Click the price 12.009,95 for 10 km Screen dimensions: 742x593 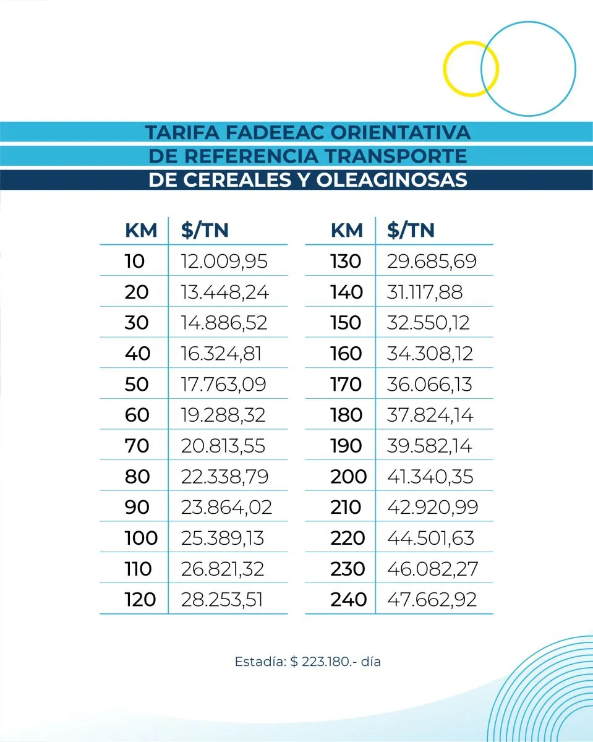(x=224, y=261)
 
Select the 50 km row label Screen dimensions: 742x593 (x=137, y=384)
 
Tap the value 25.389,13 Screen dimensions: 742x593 (x=223, y=538)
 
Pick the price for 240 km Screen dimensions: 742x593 (x=432, y=599)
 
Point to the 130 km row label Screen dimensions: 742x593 (x=346, y=261)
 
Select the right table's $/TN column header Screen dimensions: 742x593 (x=411, y=231)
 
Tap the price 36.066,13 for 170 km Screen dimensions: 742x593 (x=429, y=384)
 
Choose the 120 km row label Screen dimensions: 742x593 (x=140, y=599)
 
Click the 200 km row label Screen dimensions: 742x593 (x=349, y=477)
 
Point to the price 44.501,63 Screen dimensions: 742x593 (x=430, y=538)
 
